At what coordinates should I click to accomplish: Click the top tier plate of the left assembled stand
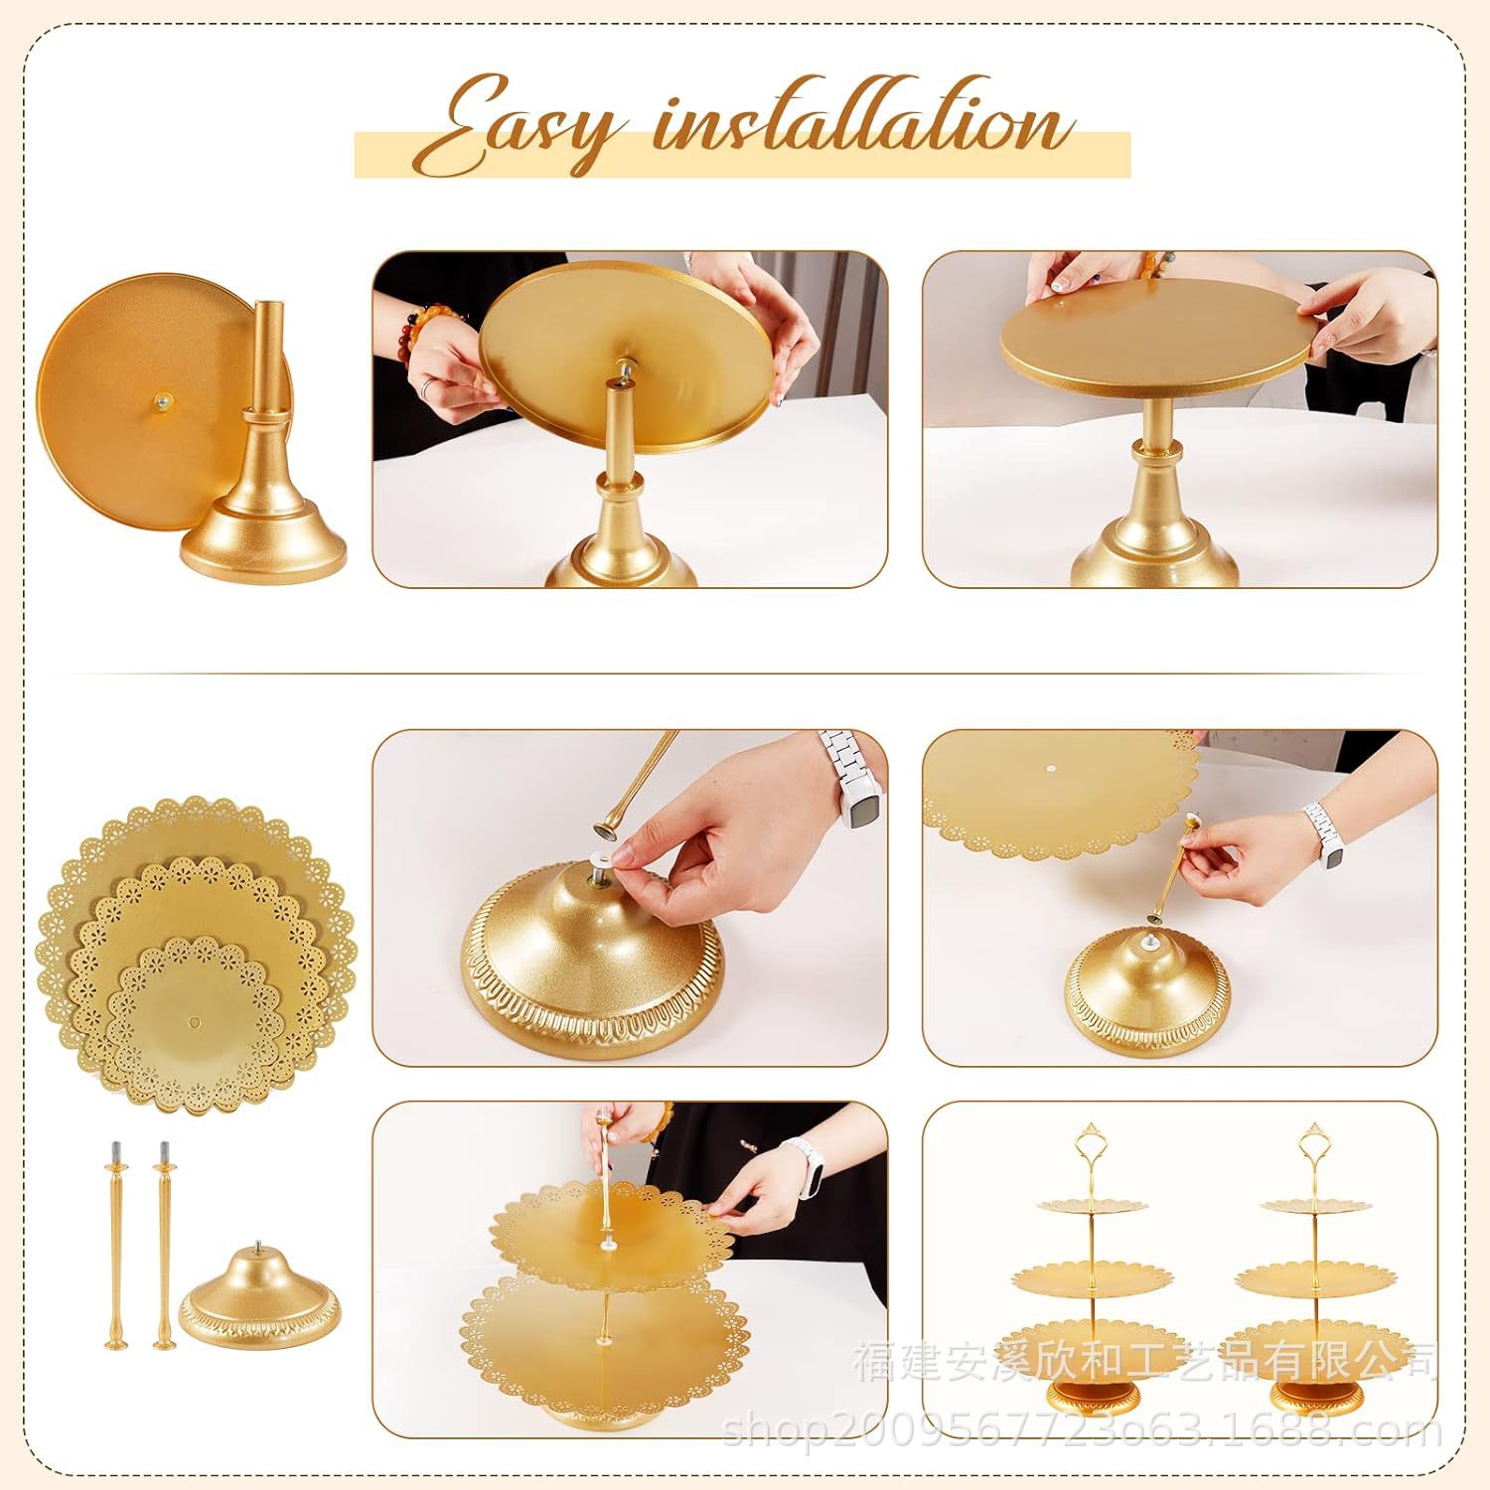(1085, 1207)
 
